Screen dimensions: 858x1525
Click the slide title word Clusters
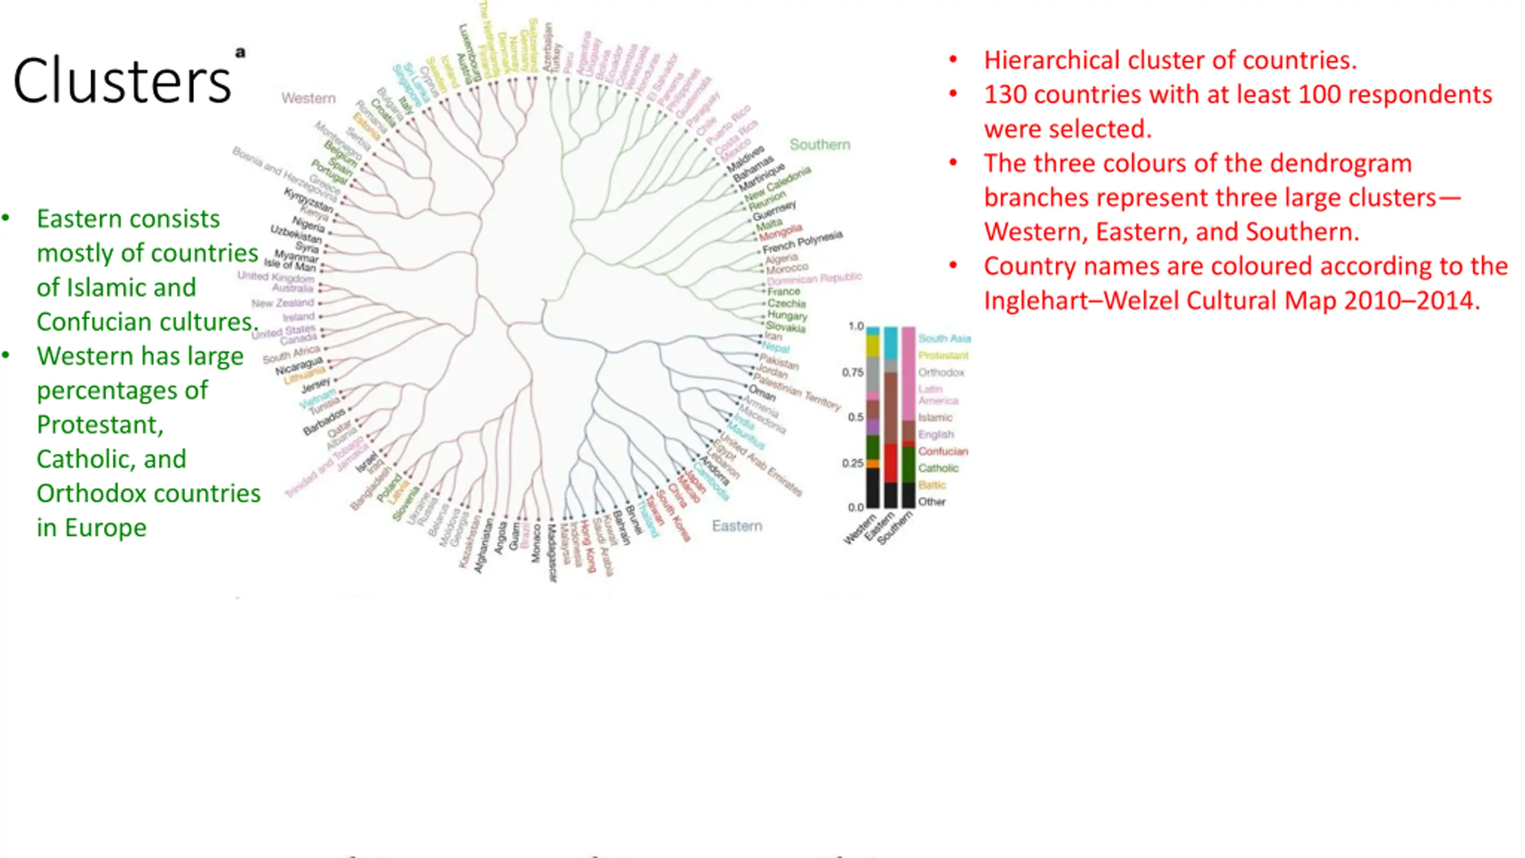pos(122,81)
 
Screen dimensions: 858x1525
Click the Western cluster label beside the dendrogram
pos(308,98)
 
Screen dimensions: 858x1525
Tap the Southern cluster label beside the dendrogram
pos(820,145)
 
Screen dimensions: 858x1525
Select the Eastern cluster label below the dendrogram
pos(737,526)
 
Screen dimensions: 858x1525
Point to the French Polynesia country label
pos(802,241)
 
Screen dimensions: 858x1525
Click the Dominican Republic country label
pos(814,278)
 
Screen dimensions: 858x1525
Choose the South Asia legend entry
pos(944,338)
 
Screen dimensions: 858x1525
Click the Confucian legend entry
pos(942,452)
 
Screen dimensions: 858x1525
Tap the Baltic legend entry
pos(932,485)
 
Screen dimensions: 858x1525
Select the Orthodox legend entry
pos(941,372)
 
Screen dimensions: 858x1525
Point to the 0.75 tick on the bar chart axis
pos(852,372)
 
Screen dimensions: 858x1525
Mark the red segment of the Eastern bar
pos(890,463)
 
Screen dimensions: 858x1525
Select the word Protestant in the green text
pos(99,425)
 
